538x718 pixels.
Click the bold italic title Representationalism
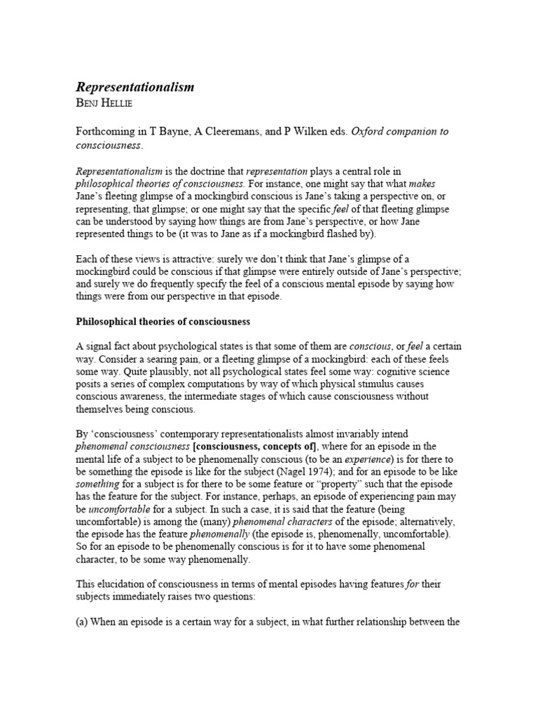pos(134,88)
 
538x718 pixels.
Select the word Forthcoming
pos(107,133)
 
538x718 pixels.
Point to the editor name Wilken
pos(331,133)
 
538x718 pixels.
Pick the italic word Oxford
pos(371,133)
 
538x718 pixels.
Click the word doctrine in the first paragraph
pos(207,171)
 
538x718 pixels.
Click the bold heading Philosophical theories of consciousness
pos(163,322)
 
